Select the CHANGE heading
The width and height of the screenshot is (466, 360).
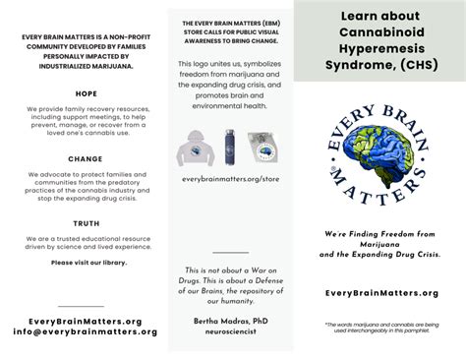tap(86, 157)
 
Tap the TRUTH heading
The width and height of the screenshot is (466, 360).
tap(86, 223)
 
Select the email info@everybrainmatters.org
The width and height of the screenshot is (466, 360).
tap(86, 331)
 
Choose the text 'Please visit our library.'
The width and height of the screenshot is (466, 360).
tap(86, 263)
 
